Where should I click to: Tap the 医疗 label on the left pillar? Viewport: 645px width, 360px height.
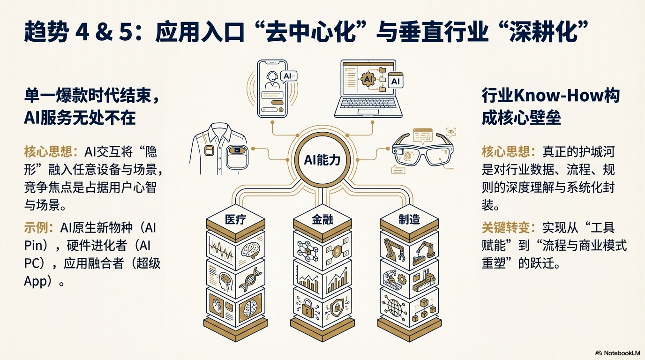[x=235, y=219]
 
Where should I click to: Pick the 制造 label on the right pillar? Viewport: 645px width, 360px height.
[x=409, y=219]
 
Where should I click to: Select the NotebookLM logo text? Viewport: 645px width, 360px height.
[x=622, y=353]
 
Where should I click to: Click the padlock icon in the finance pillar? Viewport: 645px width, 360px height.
[x=307, y=307]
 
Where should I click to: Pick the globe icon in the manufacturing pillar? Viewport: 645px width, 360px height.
[x=394, y=307]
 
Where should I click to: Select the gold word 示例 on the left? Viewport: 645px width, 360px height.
[x=39, y=228]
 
